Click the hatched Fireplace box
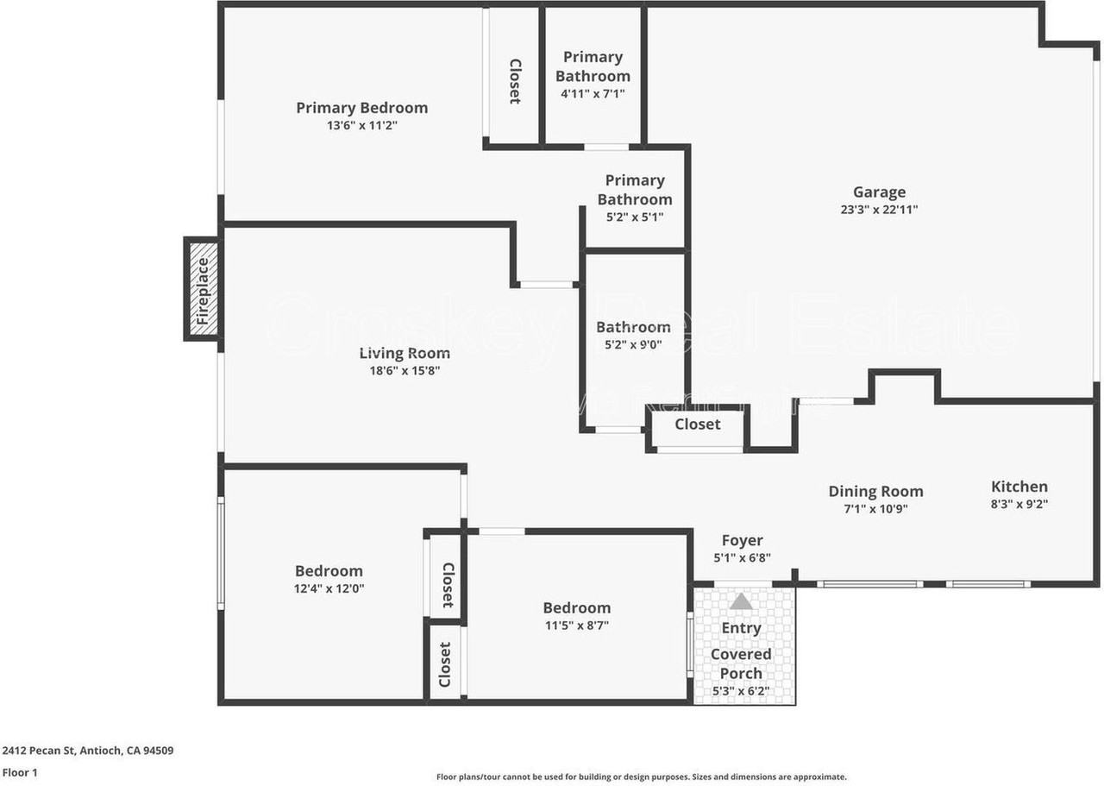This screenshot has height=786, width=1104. coord(202,289)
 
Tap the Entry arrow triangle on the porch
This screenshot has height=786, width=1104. coord(741,601)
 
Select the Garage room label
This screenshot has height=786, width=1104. coord(879,192)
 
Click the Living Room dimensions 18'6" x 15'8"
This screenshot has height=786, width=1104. coord(405,371)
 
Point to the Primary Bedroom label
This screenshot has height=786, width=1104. coord(361,108)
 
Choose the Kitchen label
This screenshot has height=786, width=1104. coord(1019,487)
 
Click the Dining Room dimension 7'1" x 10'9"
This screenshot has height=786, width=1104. coord(875,509)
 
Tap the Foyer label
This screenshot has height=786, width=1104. coord(742,541)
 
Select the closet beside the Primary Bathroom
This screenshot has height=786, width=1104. coord(514,81)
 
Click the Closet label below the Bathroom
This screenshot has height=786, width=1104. coord(697,424)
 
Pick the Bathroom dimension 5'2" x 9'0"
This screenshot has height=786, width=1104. coord(633,344)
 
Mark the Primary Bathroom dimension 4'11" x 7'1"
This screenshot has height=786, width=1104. coord(593,93)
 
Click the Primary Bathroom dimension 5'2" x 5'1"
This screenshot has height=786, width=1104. coord(634,217)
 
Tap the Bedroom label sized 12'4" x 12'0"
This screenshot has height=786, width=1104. coord(329,571)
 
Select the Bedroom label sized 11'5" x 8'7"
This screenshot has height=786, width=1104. coord(576,608)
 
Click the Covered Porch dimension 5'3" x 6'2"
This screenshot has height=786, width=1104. coord(741,691)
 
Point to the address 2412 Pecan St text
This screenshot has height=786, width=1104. coord(88,751)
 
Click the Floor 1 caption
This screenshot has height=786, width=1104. coord(20,773)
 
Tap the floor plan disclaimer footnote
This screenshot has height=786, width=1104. coord(641,777)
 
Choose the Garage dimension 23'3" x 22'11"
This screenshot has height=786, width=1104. coord(879,210)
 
